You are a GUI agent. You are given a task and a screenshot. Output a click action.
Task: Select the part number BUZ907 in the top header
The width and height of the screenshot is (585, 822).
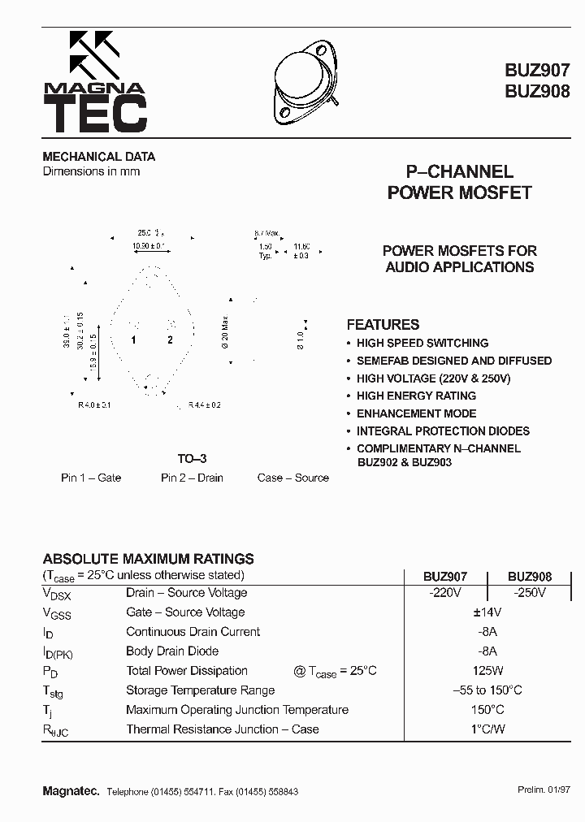coord(537,71)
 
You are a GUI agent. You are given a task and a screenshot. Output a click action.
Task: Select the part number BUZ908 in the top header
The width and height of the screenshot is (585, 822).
coord(537,92)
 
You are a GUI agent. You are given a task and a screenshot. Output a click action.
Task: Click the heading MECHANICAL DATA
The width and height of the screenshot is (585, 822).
coord(98,157)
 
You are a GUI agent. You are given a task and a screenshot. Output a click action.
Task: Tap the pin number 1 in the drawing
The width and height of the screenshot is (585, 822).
coord(134,340)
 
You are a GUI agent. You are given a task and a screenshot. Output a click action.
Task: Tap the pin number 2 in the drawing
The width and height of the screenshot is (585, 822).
coord(171,340)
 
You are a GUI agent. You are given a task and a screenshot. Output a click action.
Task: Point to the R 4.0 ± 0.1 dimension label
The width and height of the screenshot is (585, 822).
coord(94,405)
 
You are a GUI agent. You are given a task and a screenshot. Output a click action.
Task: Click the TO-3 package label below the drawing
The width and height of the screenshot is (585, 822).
coord(192,459)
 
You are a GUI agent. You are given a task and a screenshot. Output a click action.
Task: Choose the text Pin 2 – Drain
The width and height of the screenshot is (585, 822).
coord(192,478)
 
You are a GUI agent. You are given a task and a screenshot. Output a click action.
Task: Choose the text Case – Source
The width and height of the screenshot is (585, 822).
coord(293,478)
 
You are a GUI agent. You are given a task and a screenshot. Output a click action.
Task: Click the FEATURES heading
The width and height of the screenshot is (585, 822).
coord(383,324)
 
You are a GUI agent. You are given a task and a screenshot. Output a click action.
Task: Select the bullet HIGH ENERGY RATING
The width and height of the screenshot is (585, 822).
coord(416,396)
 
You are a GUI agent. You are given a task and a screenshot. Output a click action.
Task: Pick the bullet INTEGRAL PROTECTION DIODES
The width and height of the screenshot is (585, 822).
coord(443,431)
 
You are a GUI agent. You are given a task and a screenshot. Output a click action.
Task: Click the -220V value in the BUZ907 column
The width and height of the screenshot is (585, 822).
coord(444,593)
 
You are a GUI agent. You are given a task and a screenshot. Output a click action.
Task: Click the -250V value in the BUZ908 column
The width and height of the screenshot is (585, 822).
coord(530,593)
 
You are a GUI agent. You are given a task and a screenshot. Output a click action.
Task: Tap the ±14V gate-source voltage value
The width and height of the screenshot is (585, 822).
coord(487,612)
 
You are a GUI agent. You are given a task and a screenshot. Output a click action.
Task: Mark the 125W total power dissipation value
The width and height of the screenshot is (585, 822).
coord(487,671)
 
